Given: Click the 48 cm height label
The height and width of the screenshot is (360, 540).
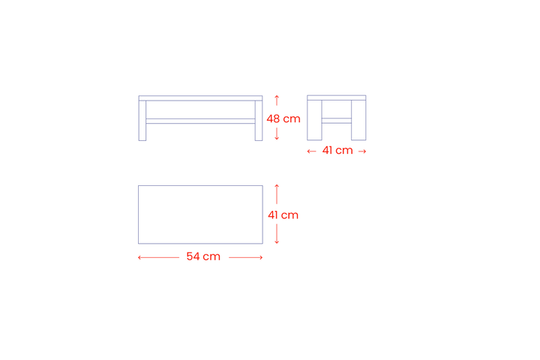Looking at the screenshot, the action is [283, 118].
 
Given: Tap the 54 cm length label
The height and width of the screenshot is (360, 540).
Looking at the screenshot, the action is [203, 256].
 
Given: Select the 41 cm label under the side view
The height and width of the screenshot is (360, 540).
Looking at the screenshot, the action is [337, 151].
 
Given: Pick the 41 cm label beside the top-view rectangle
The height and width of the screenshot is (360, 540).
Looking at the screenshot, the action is [283, 215].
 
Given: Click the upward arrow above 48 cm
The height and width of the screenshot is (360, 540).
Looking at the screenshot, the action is [277, 100].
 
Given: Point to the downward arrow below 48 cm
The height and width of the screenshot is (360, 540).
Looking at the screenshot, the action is [277, 134].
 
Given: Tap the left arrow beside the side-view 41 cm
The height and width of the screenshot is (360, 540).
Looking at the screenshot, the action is [312, 151].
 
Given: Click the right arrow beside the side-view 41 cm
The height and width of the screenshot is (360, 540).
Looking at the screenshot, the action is [362, 151].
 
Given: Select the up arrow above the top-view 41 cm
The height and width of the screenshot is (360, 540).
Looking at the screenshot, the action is [277, 194].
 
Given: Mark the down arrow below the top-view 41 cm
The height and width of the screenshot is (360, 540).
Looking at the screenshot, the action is [277, 234].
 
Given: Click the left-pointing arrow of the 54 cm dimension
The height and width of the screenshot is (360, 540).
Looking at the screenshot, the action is [158, 257].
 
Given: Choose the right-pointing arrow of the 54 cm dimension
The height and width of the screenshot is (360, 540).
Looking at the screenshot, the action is [246, 257].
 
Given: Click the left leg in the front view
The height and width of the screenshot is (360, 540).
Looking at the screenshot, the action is [142, 121].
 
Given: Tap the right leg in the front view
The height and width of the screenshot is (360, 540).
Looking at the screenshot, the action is [259, 121].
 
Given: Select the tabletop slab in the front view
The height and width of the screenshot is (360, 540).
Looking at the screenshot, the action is [200, 98].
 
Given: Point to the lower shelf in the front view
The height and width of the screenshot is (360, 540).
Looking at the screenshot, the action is [200, 121].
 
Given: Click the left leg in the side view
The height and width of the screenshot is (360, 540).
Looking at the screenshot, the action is [314, 120].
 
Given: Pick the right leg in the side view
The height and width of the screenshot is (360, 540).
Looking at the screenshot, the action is [358, 120].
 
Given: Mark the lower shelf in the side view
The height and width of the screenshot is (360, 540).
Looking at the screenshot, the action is [337, 121].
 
